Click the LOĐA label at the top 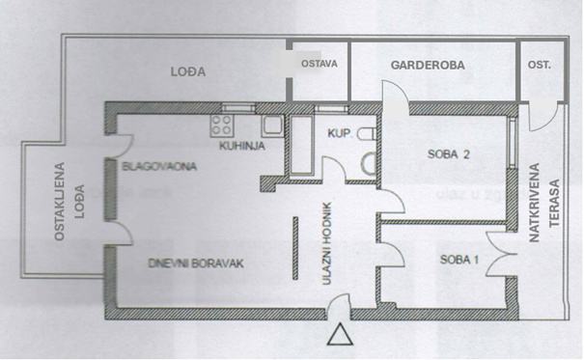(x=187, y=71)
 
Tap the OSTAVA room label (x=319, y=65)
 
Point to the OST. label (x=539, y=66)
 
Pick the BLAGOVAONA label (x=160, y=167)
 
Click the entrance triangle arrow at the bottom (x=341, y=335)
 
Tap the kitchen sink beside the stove (x=269, y=125)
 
